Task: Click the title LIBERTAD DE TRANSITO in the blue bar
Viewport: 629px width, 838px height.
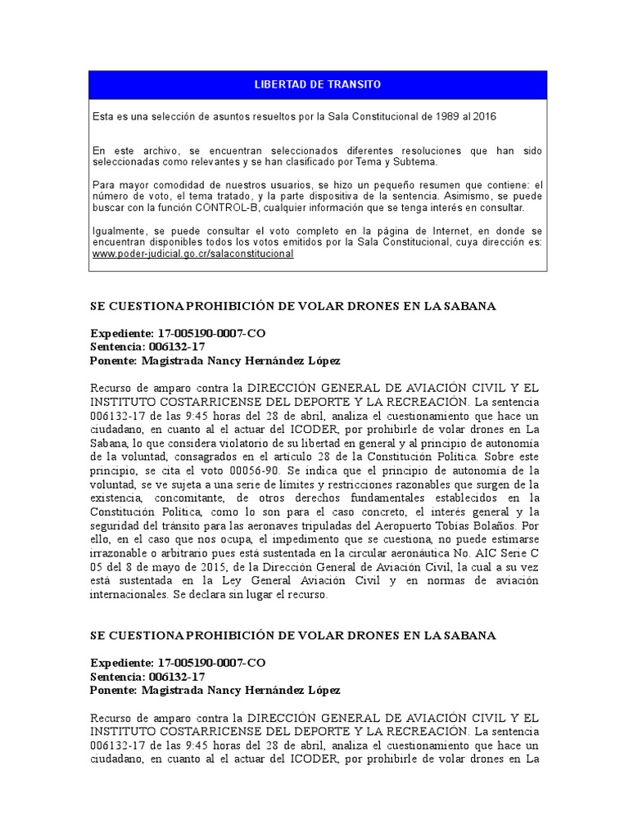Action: pyautogui.click(x=318, y=85)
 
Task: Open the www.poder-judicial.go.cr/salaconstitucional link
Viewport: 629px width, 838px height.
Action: pyautogui.click(x=192, y=255)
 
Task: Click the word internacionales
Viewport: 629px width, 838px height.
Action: pyautogui.click(x=129, y=595)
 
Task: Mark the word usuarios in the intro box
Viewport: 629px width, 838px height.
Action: pyautogui.click(x=268, y=186)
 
